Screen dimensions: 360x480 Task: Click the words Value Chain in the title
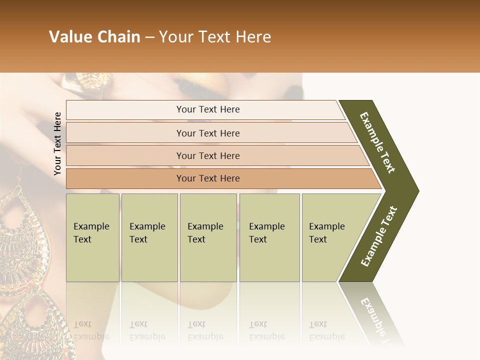94,37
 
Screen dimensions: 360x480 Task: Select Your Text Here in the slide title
215,37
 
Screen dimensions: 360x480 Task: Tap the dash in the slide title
149,37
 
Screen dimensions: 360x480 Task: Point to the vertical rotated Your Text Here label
57,143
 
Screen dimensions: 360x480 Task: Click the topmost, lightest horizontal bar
208,109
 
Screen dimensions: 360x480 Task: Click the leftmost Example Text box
92,237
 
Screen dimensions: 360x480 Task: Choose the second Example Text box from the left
149,237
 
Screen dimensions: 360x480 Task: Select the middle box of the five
208,237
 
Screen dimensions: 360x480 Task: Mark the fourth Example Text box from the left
269,237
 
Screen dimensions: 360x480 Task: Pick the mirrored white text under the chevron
375,315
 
